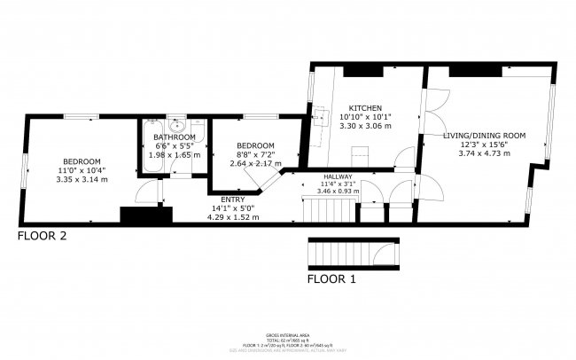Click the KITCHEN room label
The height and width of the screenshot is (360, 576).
pyautogui.click(x=364, y=106)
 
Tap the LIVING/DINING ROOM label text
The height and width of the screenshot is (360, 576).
pyautogui.click(x=484, y=135)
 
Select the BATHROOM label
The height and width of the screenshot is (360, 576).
pyautogui.click(x=174, y=137)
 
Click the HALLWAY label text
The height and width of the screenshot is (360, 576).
pyautogui.click(x=338, y=176)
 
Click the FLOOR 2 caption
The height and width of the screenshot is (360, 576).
pyautogui.click(x=43, y=237)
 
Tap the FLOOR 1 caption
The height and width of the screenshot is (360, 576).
pyautogui.click(x=331, y=279)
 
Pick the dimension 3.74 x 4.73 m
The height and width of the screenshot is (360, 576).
pyautogui.click(x=484, y=153)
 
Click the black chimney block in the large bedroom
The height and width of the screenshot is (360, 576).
pyautogui.click(x=144, y=215)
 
